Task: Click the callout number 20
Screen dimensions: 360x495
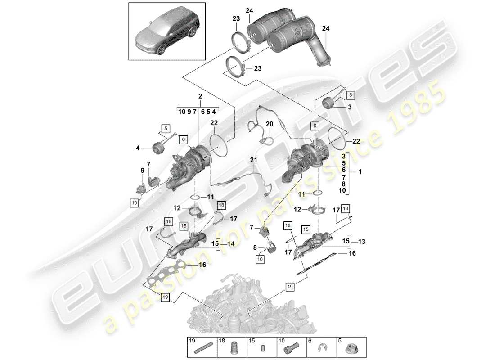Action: coord(269,124)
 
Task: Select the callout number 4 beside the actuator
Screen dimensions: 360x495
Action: coord(139,147)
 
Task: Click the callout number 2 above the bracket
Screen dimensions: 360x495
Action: coord(199,96)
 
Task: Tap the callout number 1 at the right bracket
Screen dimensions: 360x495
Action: coord(359,172)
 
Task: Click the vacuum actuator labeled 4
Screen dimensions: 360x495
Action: coord(158,147)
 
